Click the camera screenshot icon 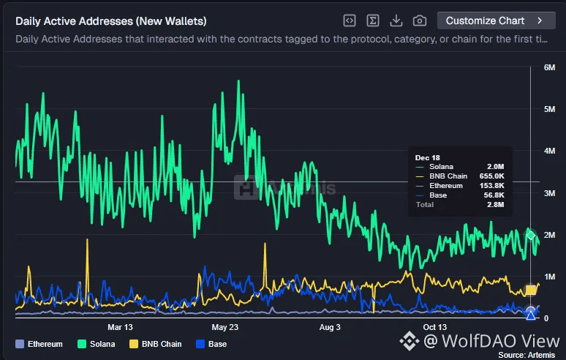tap(420, 20)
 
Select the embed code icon tap(350, 20)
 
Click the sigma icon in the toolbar tap(372, 20)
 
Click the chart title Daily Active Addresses tap(110, 21)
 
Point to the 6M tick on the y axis tap(550, 67)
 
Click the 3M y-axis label tap(550, 193)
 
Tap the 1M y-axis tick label tap(550, 277)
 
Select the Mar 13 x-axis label tap(120, 327)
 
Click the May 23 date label tap(224, 327)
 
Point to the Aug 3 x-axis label tap(330, 327)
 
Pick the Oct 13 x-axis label tap(434, 327)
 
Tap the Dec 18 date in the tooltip tap(427, 157)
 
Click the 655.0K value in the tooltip tap(492, 176)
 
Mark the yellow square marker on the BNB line tap(531, 290)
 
